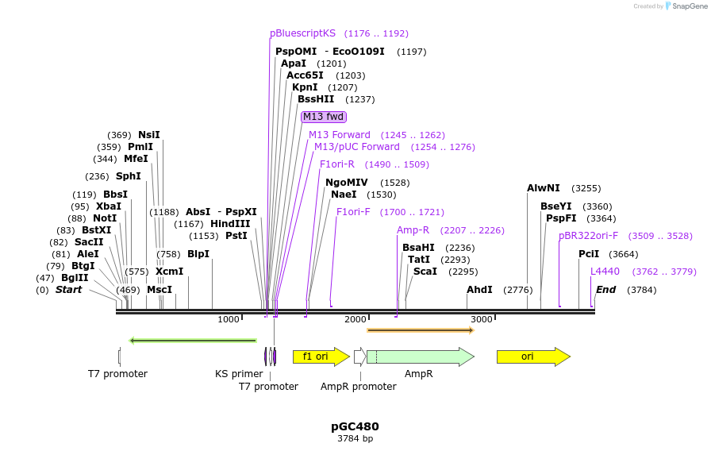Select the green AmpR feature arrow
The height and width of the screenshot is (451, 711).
tap(420, 357)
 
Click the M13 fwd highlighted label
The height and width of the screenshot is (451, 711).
tap(324, 117)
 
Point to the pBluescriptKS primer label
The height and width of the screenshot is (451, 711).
tap(302, 33)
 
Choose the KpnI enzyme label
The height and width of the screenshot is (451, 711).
tap(305, 87)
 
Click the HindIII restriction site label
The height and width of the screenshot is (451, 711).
tap(230, 224)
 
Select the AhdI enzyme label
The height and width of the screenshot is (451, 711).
tap(479, 290)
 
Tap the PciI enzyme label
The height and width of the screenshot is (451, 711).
tap(589, 254)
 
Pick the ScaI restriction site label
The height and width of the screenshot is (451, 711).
tap(425, 271)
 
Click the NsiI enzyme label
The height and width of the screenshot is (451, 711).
tap(149, 135)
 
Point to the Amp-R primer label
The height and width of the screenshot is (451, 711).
tap(413, 230)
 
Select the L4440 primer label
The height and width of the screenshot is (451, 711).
tap(605, 272)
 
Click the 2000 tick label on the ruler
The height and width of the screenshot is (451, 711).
tap(355, 319)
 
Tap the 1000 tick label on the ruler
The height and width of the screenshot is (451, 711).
tap(229, 319)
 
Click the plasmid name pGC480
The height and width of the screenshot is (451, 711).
tap(355, 426)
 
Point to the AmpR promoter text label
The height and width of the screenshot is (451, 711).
tap(358, 387)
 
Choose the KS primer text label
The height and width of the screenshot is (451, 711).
tap(239, 373)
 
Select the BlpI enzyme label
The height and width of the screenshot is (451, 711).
tap(198, 254)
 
